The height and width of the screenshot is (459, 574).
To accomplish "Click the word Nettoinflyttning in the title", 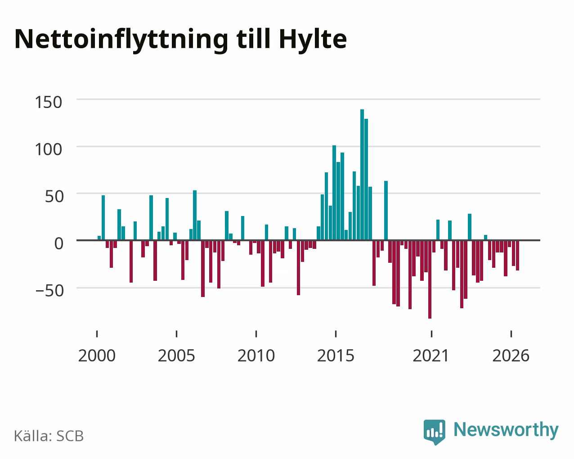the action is (x=121, y=40).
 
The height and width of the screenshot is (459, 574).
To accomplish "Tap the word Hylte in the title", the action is (x=313, y=40).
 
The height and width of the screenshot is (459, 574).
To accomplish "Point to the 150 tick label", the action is (x=49, y=102).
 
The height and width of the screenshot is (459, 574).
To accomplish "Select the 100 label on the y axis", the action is (x=49, y=149).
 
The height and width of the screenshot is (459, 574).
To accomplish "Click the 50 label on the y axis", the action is (x=54, y=197).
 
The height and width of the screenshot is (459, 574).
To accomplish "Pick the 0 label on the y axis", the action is (x=59, y=243).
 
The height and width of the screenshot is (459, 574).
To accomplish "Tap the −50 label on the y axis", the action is (x=50, y=291).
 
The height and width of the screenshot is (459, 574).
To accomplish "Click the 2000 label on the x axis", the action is (x=97, y=355).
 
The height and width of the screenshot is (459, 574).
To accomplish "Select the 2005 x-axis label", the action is (x=176, y=355).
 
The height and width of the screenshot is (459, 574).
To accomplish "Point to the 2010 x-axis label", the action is (x=256, y=355).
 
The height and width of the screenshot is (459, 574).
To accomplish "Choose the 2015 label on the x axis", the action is (x=336, y=355).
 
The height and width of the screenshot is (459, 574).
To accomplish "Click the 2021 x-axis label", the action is (x=431, y=355).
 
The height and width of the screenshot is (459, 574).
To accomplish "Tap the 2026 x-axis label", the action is (x=511, y=355).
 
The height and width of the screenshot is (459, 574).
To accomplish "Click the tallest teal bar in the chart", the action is (x=362, y=175).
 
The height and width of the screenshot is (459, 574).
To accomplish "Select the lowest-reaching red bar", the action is (x=430, y=279).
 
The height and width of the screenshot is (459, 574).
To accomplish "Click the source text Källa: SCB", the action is (x=49, y=436).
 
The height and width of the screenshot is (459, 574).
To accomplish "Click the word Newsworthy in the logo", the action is (x=506, y=430).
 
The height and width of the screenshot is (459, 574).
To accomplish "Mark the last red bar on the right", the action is (x=517, y=256).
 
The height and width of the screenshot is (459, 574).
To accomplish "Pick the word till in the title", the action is (x=254, y=39).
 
